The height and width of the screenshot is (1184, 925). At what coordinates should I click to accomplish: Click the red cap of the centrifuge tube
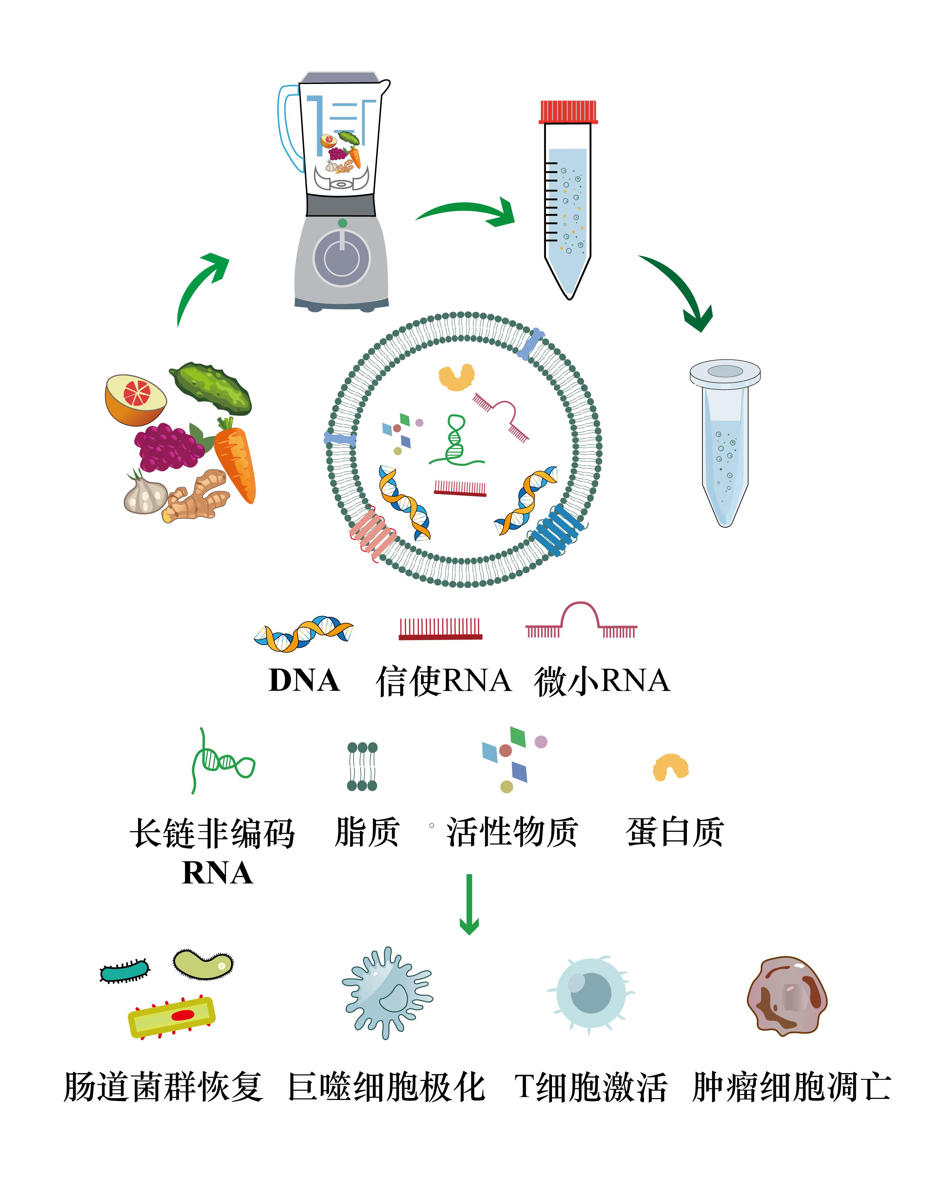coord(568,112)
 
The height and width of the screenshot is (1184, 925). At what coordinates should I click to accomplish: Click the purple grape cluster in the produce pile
coord(169,448)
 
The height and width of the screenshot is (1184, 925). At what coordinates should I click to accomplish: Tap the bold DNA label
coord(304,681)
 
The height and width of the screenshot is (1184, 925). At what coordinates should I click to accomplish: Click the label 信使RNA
coord(444,681)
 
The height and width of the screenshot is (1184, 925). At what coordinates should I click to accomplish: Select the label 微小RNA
coord(602,681)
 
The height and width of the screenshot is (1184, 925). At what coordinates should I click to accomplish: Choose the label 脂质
coord(367,832)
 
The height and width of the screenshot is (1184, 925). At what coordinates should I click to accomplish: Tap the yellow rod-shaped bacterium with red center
coord(171,1016)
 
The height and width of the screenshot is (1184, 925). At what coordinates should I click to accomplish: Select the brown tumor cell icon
coord(788,996)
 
